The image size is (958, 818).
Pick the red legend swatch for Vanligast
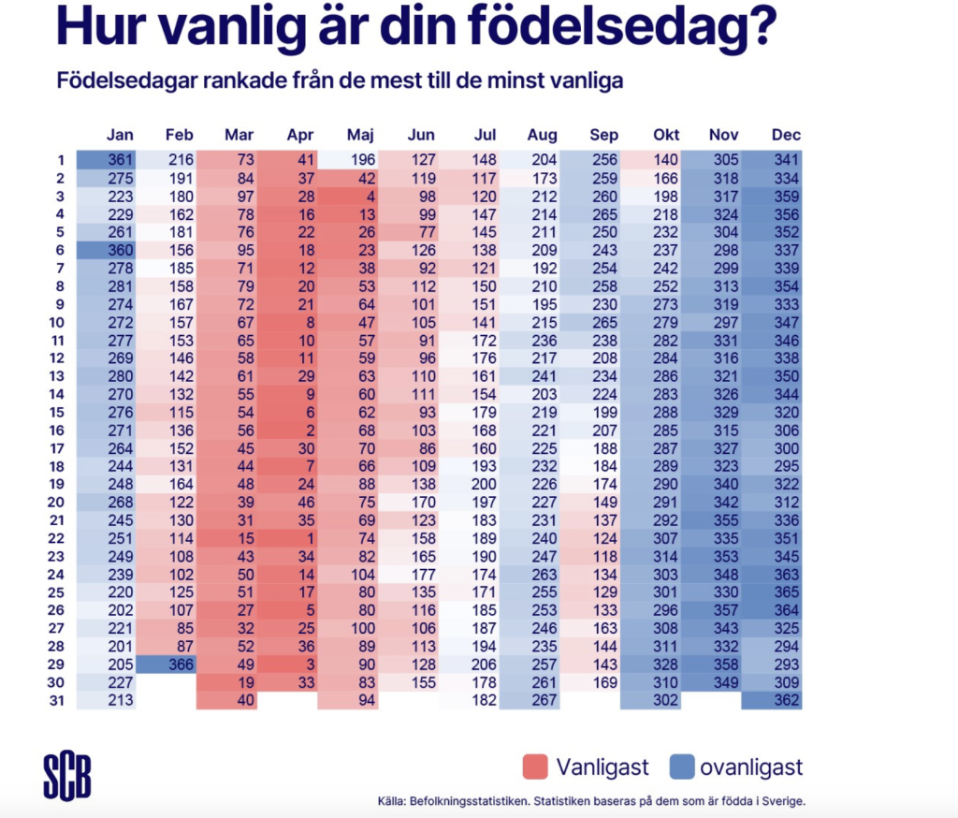(534, 768)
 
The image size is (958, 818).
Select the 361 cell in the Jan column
(107, 160)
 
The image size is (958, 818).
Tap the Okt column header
(666, 135)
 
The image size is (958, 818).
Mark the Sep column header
(604, 135)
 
